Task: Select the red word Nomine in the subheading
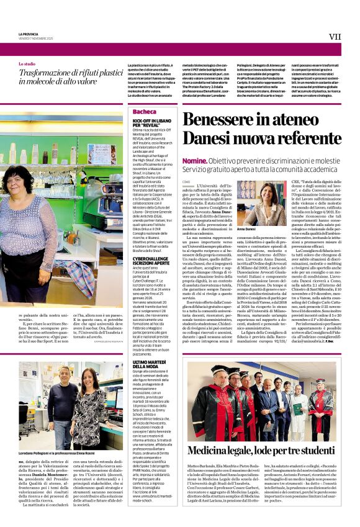(x=194, y=160)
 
